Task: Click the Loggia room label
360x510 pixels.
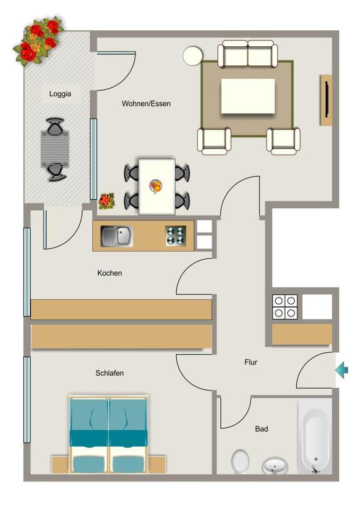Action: click(x=60, y=94)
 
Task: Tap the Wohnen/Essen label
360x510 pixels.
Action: click(x=146, y=104)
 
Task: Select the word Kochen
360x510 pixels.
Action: click(x=109, y=273)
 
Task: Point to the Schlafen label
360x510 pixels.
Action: click(x=109, y=373)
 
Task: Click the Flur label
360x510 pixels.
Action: click(x=251, y=362)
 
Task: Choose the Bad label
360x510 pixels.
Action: click(x=261, y=429)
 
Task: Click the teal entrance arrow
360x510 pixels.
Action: click(x=341, y=369)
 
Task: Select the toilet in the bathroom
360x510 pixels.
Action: click(x=240, y=461)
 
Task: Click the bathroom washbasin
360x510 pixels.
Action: click(x=275, y=466)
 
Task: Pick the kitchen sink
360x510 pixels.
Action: click(x=117, y=236)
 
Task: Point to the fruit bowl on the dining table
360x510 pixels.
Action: click(x=156, y=186)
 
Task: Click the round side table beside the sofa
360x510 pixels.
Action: click(x=193, y=56)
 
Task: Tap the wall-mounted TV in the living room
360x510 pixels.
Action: click(x=326, y=100)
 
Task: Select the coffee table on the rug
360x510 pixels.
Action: click(x=247, y=96)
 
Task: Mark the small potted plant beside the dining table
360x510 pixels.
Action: click(x=106, y=201)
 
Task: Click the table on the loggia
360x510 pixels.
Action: click(x=55, y=149)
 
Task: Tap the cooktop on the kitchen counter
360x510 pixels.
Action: click(x=176, y=235)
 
